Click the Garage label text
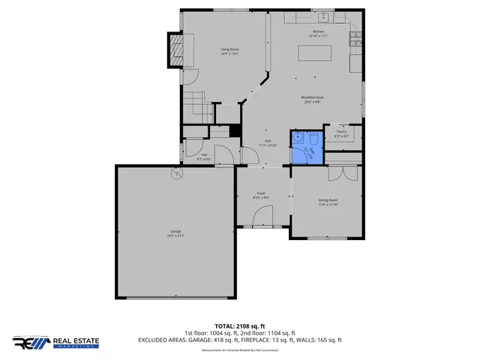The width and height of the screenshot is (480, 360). coord(175,233)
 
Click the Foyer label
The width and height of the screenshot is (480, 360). coord(261,195)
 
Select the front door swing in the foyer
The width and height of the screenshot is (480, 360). coord(262,218)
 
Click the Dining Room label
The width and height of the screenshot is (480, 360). coord(328,201)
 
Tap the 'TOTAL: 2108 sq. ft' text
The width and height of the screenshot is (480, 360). coord(240,326)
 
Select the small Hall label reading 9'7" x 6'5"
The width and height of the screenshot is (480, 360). coord(202,157)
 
